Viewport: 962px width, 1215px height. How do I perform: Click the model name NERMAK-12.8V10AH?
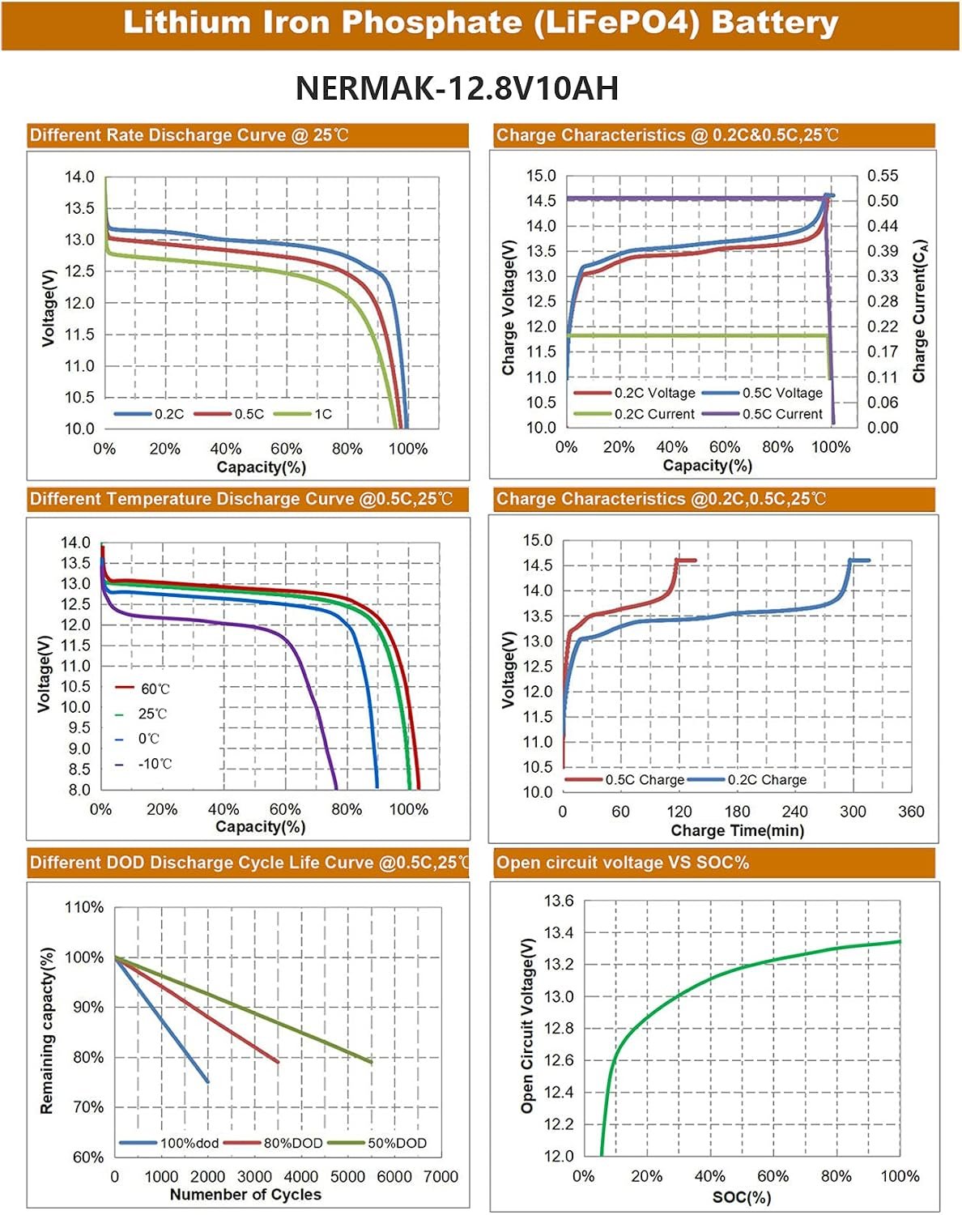coord(457,88)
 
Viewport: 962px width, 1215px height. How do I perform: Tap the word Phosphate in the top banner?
coord(432,23)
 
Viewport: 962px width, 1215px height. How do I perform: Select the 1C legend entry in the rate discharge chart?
coord(303,414)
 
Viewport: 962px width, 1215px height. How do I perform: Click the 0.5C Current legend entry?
coord(762,414)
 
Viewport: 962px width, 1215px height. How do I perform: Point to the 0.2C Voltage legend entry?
coord(635,393)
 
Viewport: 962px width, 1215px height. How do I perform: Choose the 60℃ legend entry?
coord(143,688)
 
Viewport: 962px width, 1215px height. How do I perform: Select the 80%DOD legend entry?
coord(273,1143)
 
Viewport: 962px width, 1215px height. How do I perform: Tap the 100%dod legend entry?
coord(169,1143)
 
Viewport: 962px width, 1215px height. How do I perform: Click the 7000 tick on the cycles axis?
coord(441,1177)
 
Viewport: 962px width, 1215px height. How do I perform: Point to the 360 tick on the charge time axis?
coord(911,812)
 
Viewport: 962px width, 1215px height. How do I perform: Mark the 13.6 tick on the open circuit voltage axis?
coord(559,901)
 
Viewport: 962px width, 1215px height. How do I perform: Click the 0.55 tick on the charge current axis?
coord(883,176)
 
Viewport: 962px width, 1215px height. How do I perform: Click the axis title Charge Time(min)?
coord(738,830)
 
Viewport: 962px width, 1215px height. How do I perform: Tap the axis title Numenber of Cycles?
coord(245,1195)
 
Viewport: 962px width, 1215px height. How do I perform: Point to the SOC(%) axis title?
coord(742,1197)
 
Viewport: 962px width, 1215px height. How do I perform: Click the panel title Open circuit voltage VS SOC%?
coord(623,863)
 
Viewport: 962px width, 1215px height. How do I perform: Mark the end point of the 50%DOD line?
coord(372,1063)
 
